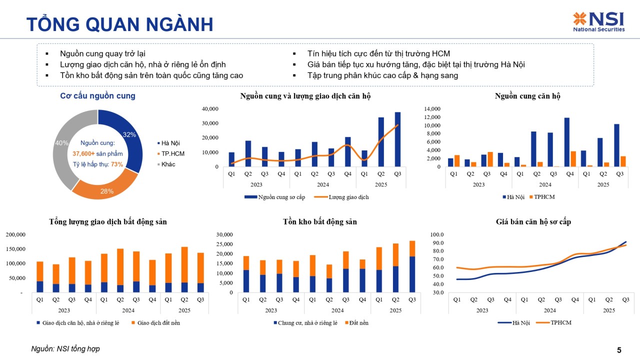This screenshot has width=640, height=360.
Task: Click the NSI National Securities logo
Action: coord(598,22)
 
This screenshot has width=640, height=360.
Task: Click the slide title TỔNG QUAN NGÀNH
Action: coord(119,24)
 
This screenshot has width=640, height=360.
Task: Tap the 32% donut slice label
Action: coord(129,134)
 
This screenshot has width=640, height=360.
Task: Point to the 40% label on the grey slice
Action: coord(61,143)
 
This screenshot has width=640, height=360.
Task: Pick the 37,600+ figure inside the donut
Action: coord(83,153)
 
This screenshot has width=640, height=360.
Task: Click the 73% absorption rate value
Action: coord(117,164)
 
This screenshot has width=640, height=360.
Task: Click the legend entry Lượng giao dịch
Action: coord(348,197)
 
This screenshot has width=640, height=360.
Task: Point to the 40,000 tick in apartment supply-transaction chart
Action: coord(210,108)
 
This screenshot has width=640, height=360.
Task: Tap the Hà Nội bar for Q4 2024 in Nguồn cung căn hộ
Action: coord(566,142)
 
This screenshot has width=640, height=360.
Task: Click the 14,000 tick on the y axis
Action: coord(431,108)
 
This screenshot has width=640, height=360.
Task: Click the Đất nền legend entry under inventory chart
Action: coord(359,322)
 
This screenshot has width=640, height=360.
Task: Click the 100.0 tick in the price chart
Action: coord(437,234)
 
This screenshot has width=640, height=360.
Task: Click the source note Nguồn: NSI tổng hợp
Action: coord(65,349)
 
